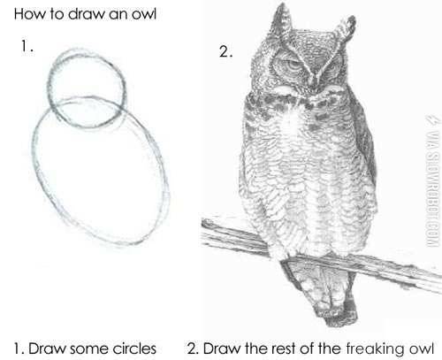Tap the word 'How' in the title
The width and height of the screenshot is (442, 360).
point(19,16)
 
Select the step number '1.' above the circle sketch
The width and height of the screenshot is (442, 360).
point(25,47)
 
